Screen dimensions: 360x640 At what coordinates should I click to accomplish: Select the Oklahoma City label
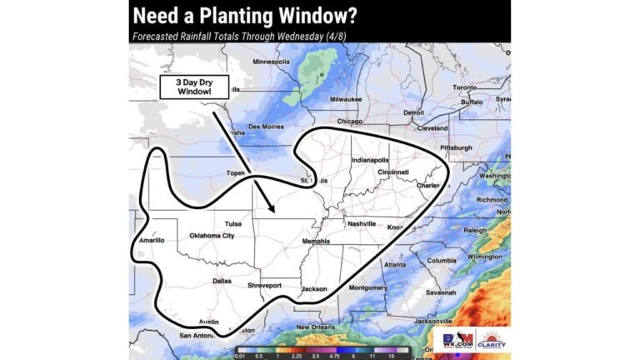click(x=212, y=236)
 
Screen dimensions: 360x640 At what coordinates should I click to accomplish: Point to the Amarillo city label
click(x=151, y=240)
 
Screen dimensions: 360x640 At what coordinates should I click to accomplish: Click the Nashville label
click(x=362, y=224)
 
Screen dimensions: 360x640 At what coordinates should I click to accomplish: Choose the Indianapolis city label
click(x=370, y=159)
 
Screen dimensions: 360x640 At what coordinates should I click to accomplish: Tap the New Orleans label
click(x=314, y=327)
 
